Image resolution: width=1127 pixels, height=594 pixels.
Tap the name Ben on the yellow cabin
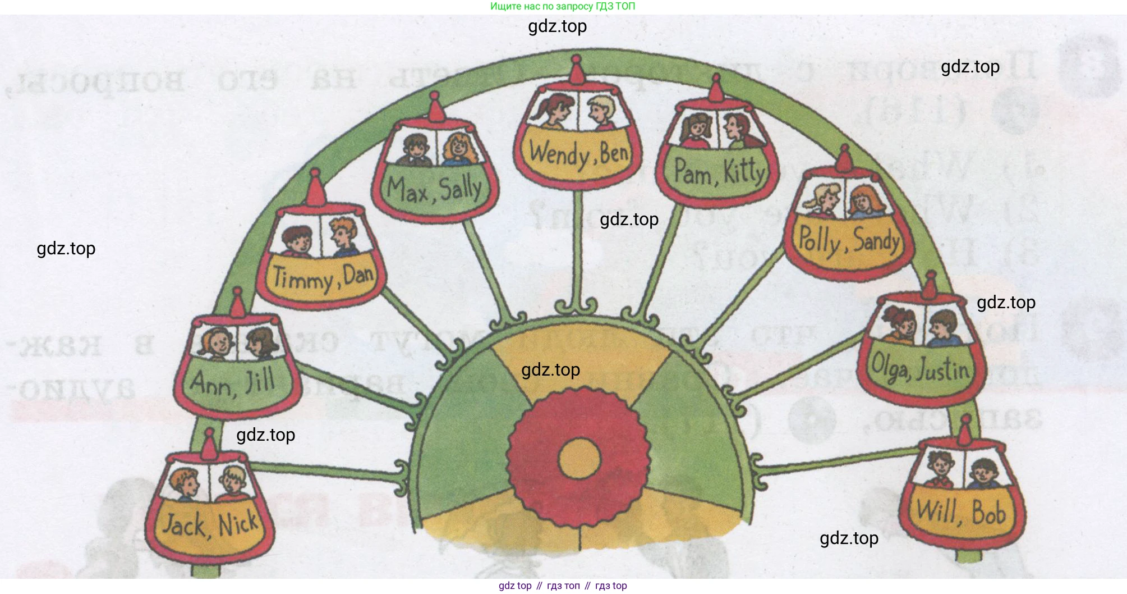(614, 153)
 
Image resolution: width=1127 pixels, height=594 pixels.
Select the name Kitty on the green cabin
(744, 170)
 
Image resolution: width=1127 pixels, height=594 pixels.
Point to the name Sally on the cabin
(461, 188)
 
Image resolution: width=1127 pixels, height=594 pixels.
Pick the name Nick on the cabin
(238, 524)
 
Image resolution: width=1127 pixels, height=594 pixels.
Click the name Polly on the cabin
(820, 241)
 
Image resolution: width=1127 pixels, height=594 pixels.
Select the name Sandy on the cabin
(876, 241)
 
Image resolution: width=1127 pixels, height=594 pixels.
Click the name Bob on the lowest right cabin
(988, 513)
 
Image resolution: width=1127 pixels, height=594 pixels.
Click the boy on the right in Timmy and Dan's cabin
(343, 236)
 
